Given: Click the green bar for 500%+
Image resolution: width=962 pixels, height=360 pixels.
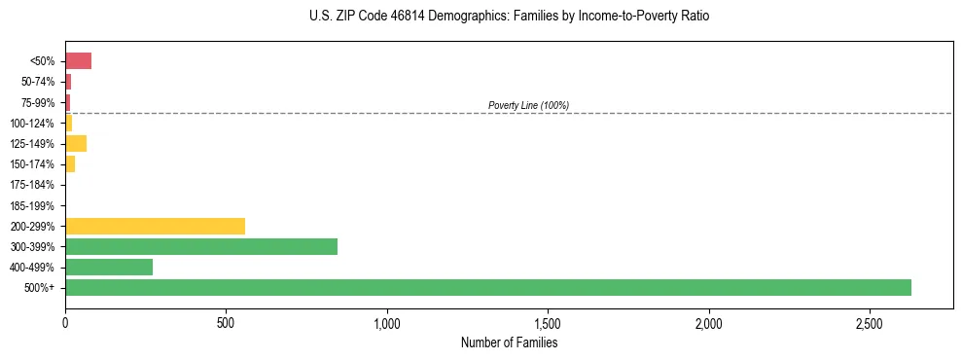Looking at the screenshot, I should (x=487, y=287).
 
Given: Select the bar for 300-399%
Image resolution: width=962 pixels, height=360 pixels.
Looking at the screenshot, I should (x=201, y=246).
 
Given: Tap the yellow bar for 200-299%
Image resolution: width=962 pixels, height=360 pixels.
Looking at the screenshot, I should (x=155, y=226).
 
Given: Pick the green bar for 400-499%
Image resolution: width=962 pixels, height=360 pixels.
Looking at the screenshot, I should (x=109, y=267).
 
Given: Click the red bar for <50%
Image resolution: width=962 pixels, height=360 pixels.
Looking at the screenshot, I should (x=78, y=61).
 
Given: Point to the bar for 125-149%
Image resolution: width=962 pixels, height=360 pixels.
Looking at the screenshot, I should (x=76, y=144).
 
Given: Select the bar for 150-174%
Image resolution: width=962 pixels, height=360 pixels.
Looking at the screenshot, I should (x=70, y=164).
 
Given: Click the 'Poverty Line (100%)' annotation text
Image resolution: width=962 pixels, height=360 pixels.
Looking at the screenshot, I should (x=528, y=105).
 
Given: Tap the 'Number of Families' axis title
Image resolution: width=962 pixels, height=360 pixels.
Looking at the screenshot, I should (x=509, y=342).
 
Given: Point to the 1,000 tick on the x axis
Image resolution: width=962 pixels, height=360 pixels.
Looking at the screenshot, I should (x=387, y=322).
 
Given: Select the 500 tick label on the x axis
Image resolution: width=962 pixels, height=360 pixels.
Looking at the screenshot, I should (x=226, y=322).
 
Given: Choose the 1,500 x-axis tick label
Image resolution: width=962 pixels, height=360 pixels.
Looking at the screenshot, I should (x=548, y=322).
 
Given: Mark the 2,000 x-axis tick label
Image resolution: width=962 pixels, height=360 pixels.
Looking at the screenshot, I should (x=709, y=322).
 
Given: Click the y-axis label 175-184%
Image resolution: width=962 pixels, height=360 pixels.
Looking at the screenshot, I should (x=32, y=185).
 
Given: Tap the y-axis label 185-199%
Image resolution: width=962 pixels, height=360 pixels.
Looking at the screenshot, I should (x=32, y=205).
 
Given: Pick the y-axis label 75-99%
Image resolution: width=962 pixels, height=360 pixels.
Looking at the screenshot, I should (x=37, y=103).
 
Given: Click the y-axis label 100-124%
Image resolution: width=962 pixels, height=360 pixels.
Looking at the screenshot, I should (x=32, y=124).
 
